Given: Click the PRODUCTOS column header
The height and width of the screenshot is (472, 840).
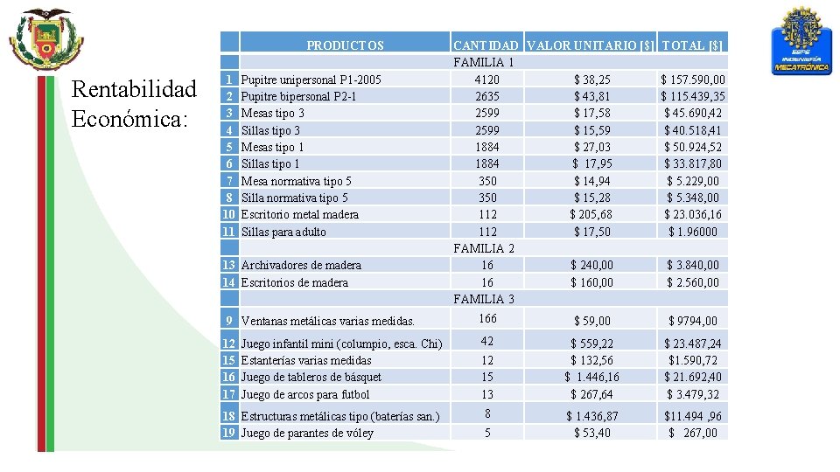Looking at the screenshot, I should [345, 45].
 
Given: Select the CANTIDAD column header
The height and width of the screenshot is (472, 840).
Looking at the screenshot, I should [487, 45].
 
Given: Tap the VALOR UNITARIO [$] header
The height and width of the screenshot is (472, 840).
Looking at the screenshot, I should [592, 45].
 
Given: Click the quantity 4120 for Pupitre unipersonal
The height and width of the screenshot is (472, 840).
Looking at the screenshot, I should [487, 80].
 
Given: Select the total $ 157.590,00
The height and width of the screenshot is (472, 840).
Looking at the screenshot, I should [692, 80].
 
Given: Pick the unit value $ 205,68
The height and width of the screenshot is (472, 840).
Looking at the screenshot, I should [592, 214].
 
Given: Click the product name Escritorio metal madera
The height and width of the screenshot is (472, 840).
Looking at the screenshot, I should [299, 214].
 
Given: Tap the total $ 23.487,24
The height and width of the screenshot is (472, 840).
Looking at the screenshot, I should [692, 344].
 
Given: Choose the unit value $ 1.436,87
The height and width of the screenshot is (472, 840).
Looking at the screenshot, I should [592, 416].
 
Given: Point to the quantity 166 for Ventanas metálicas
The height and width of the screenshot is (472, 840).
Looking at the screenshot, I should [487, 319].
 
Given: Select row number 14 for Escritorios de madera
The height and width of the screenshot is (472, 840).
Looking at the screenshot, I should [229, 282].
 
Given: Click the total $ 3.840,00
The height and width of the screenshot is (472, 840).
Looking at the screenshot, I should [692, 265].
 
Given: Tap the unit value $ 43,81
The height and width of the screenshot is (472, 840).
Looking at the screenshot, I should [592, 96].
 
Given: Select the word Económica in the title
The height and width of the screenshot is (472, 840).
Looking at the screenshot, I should [129, 119].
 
